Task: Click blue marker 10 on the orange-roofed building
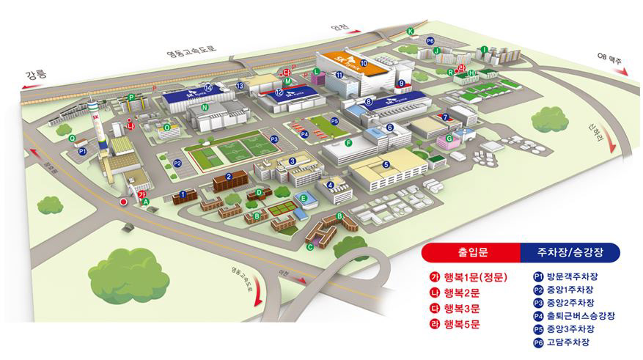[x=364, y=64]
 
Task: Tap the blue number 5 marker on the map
[x=386, y=164]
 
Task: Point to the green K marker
[x=411, y=31]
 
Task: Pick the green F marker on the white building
[x=348, y=142]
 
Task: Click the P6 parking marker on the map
[x=430, y=41]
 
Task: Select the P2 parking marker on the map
[x=177, y=163]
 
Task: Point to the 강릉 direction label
[x=35, y=74]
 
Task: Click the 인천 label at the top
[x=339, y=28]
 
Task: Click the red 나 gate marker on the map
[x=131, y=125]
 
